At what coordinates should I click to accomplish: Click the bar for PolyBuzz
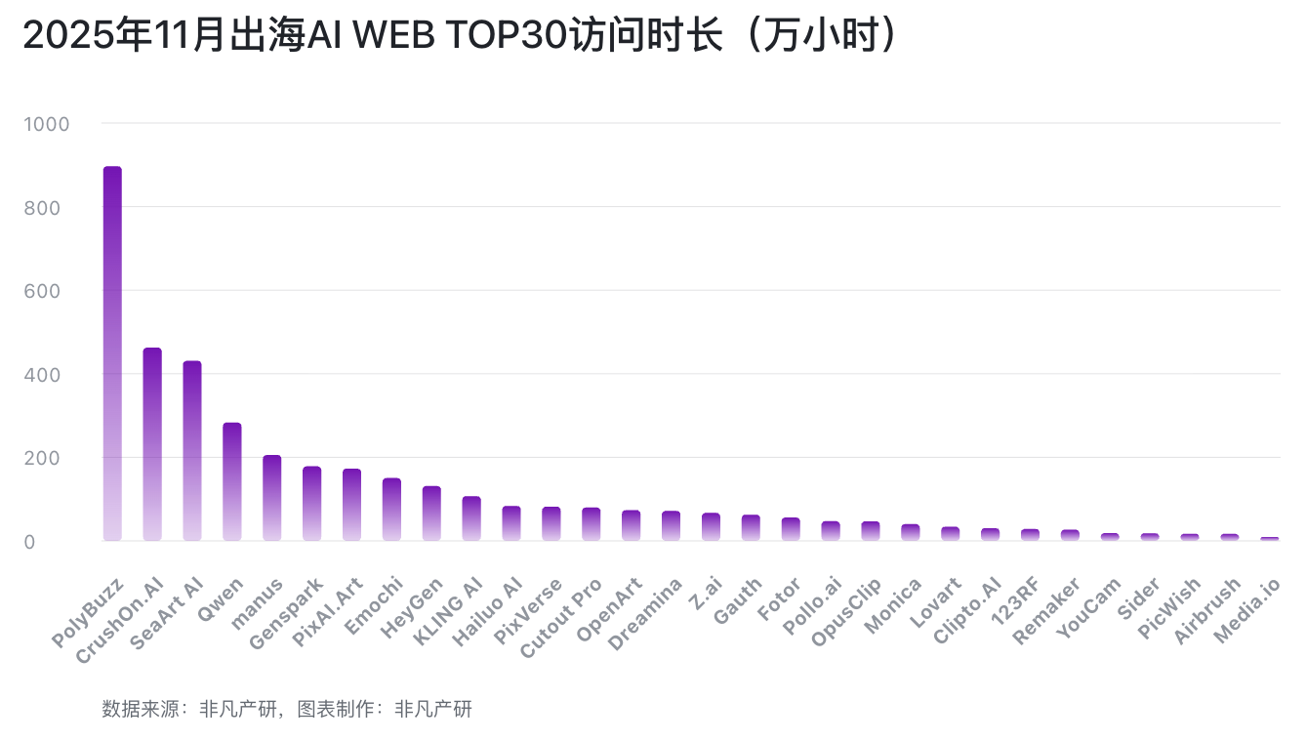[x=112, y=353]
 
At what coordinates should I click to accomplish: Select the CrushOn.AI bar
[x=152, y=444]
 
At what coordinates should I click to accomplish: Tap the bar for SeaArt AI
[x=192, y=451]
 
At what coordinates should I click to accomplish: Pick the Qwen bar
[x=232, y=481]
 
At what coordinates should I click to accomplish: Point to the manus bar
[x=272, y=498]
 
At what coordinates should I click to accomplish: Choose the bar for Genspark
[x=312, y=504]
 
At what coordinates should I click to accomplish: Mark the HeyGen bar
[x=431, y=514]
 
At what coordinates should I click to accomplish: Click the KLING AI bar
[x=471, y=518]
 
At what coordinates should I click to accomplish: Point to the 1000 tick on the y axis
[x=49, y=124]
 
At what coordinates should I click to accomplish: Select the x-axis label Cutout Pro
[x=562, y=616]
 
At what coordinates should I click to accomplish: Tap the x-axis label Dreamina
[x=646, y=612]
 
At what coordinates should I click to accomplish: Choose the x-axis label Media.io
[x=1246, y=609]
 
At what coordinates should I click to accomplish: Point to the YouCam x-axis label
[x=1090, y=608]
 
